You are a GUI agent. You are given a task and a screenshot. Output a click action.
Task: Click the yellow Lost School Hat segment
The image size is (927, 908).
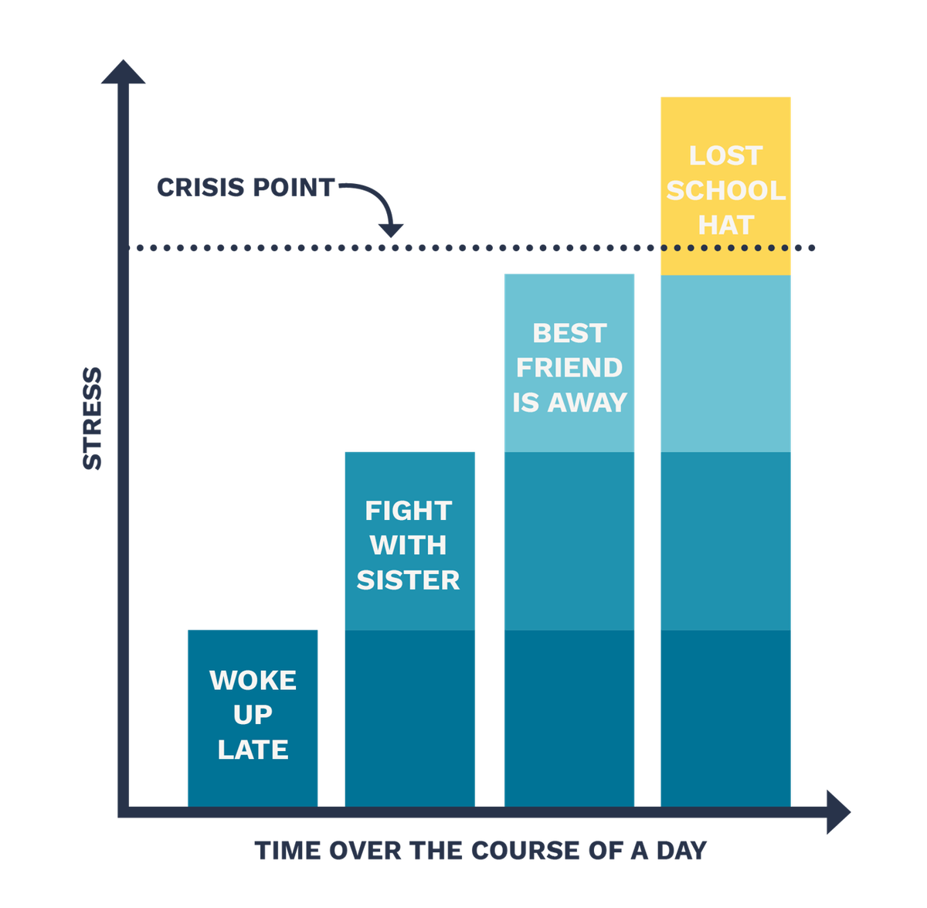[x=725, y=185]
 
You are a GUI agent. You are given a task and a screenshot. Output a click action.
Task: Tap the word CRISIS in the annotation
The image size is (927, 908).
[x=201, y=187]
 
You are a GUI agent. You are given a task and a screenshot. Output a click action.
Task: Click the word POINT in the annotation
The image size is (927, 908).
[x=294, y=187]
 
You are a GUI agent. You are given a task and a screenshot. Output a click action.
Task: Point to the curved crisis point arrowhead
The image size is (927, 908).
[x=391, y=230]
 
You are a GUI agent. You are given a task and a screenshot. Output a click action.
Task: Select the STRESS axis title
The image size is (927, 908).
[x=93, y=418]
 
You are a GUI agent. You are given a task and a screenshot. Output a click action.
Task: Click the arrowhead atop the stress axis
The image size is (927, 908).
[x=123, y=72]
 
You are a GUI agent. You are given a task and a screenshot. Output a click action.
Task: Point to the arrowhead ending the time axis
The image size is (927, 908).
[x=838, y=811]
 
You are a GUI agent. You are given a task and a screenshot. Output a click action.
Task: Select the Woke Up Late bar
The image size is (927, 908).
[x=253, y=717]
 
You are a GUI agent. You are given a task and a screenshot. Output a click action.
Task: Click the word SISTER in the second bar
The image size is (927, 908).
[x=408, y=580]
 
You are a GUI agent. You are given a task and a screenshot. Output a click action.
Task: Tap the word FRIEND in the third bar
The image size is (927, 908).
[x=569, y=368]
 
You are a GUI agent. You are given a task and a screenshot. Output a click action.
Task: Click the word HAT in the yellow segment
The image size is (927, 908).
[x=726, y=226]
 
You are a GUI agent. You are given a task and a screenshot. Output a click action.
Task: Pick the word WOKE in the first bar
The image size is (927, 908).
[x=253, y=680]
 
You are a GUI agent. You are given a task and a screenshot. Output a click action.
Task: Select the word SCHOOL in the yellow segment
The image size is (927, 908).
[x=726, y=191]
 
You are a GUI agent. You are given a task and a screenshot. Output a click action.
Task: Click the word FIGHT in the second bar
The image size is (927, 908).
[x=409, y=510]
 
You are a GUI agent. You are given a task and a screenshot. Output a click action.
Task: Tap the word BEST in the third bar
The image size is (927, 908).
[x=569, y=333]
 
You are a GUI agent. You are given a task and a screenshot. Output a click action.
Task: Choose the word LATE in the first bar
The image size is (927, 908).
[x=253, y=750]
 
